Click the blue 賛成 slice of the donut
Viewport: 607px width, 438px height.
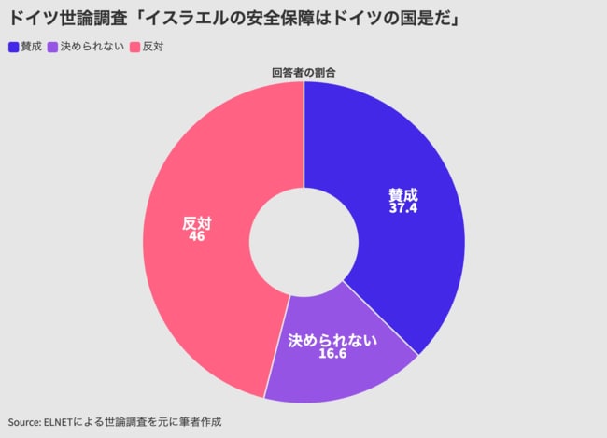411,252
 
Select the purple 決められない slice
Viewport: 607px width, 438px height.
336,369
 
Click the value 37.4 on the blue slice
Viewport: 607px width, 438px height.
403,208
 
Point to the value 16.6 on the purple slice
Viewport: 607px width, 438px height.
332,354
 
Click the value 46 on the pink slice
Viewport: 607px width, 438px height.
196,236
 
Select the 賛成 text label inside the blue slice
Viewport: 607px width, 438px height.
403,195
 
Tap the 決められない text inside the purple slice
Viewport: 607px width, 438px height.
332,340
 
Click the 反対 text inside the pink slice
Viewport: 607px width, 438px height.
196,223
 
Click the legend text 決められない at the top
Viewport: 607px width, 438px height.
92,47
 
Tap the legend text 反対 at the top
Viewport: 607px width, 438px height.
152,47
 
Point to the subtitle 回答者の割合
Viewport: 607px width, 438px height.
303,72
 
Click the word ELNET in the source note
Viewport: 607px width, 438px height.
63,421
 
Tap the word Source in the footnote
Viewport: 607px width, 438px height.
23,421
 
